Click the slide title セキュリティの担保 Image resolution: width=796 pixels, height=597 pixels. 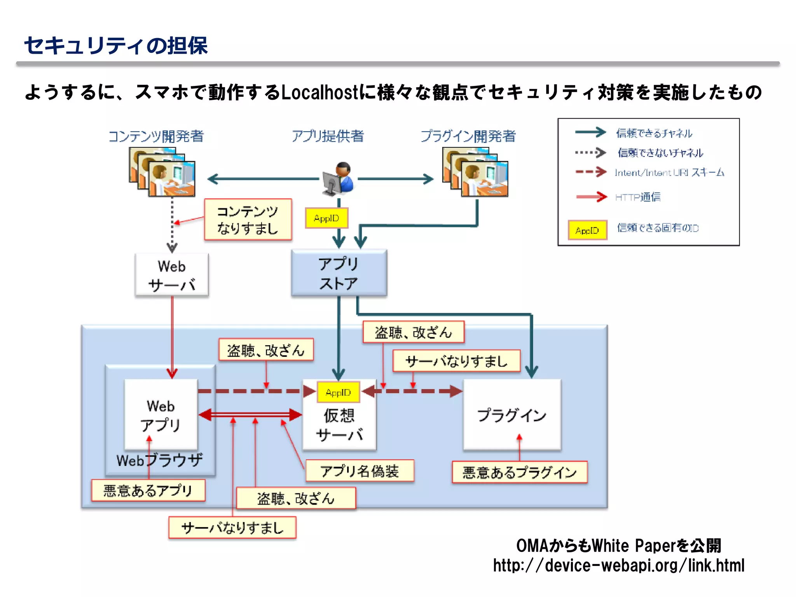[x=116, y=46]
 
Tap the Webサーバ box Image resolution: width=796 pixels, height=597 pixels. [x=172, y=275]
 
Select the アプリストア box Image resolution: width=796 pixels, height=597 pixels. [x=339, y=273]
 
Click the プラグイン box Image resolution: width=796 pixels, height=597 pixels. [x=512, y=415]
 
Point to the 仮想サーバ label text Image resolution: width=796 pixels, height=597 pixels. [x=339, y=425]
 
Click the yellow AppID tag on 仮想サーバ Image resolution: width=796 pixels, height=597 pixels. [x=338, y=393]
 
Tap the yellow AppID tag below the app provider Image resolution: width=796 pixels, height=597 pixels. [x=326, y=218]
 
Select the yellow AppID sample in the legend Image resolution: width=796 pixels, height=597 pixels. [x=587, y=230]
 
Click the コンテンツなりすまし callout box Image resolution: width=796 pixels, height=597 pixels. [x=248, y=220]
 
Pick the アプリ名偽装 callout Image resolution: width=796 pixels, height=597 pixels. [x=360, y=471]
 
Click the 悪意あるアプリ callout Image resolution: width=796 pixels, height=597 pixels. [x=148, y=491]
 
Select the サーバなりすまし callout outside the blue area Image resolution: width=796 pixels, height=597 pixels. [x=232, y=528]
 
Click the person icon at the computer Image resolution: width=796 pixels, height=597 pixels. [x=339, y=179]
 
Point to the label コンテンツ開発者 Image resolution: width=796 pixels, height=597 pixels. [x=156, y=136]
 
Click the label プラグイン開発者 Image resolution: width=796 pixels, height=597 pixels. [x=468, y=136]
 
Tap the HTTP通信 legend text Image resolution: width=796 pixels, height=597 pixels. [x=638, y=197]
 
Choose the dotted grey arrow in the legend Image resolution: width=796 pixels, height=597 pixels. [x=590, y=153]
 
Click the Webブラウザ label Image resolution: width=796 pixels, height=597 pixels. [x=159, y=460]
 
